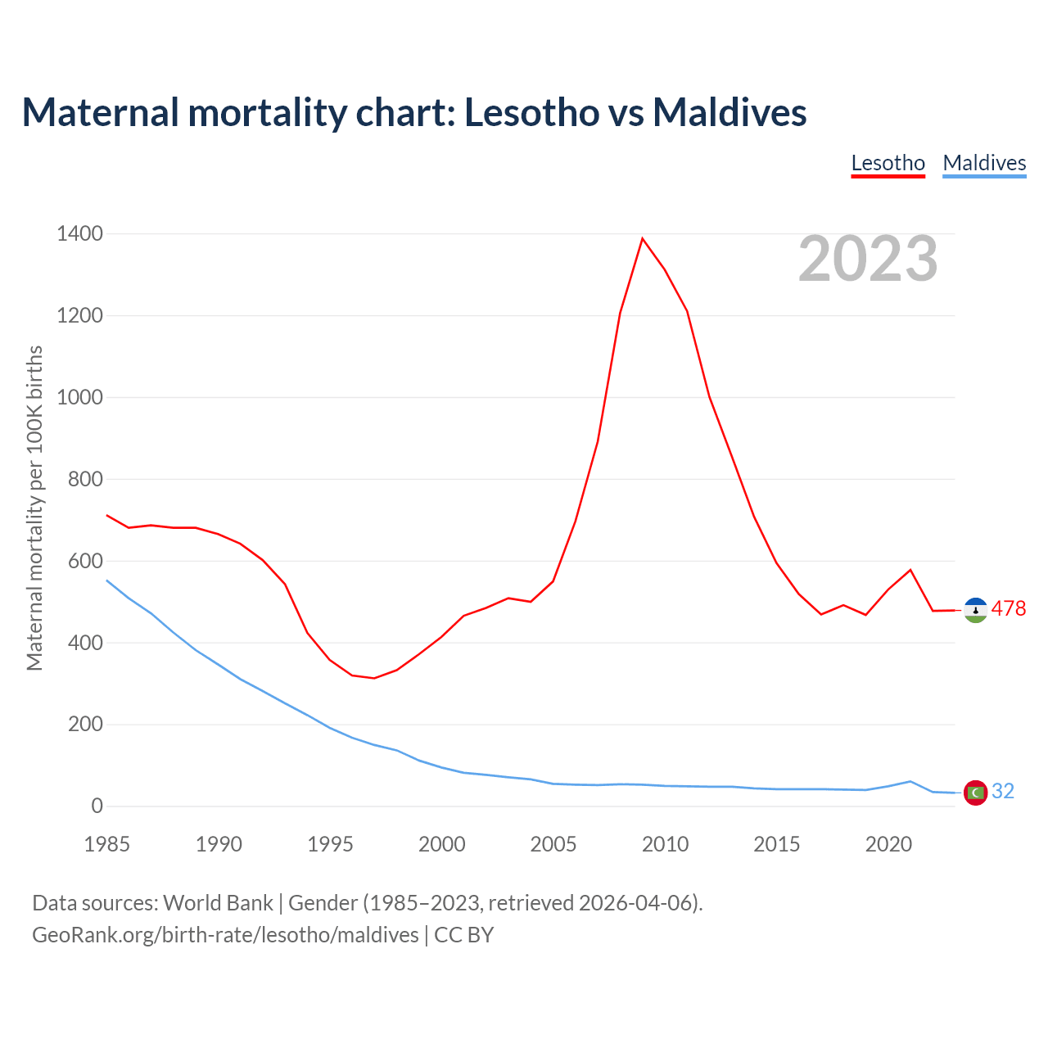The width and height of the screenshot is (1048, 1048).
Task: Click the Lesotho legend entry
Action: pos(888,163)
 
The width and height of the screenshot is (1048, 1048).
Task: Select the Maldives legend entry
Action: pos(984,163)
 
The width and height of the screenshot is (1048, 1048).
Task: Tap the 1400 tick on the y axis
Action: pos(79,234)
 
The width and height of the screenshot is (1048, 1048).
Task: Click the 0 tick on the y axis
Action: pos(97,806)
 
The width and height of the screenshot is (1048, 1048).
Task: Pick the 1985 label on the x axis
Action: pos(107,844)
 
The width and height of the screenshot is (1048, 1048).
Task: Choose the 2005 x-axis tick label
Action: pos(553,844)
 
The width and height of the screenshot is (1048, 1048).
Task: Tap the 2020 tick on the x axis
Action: pos(888,844)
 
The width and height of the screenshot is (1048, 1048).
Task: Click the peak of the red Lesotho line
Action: pos(643,238)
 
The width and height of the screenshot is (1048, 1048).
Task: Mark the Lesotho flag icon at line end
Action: pos(975,610)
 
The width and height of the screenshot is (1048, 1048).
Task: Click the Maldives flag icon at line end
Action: pos(975,793)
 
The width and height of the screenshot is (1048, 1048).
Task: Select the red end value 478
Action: pos(1008,609)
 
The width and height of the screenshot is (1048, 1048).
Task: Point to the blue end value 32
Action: pos(1003,792)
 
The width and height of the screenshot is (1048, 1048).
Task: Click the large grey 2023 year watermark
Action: pos(868,259)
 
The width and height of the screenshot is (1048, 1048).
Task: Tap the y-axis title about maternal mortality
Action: pos(34,508)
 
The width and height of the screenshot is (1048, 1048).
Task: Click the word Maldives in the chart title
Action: pos(730,112)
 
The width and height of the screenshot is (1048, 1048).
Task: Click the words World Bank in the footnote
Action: pos(218,903)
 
